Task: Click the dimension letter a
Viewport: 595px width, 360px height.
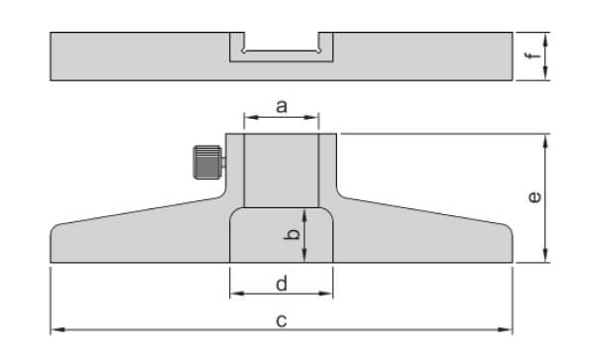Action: [282, 106]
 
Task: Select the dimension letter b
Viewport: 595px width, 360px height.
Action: [291, 235]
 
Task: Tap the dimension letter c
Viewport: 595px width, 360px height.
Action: [282, 319]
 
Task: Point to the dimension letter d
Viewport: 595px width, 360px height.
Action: [282, 284]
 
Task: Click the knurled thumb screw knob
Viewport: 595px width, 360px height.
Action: [206, 162]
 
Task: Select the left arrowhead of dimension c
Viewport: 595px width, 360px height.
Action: [56, 328]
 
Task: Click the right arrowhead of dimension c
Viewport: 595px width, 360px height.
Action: [509, 328]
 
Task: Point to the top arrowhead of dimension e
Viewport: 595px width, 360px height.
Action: [544, 140]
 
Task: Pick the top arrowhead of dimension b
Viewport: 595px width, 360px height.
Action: [305, 212]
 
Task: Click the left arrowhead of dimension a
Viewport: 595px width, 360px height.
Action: [248, 117]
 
